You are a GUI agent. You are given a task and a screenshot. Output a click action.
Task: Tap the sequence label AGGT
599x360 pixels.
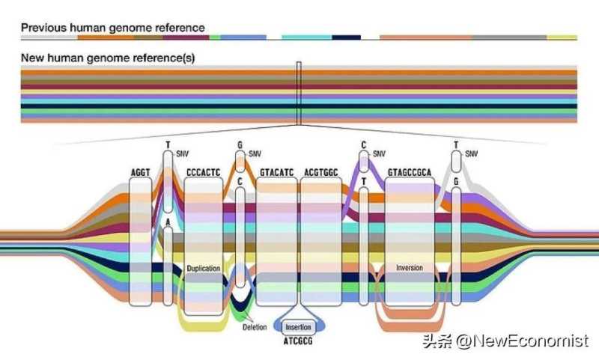pos(140,172)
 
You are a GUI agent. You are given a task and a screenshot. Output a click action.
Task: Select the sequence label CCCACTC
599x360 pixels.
pos(203,172)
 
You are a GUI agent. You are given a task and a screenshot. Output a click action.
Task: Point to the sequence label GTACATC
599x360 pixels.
pos(276,172)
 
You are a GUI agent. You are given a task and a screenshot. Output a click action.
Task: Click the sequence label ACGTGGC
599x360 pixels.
pos(322,172)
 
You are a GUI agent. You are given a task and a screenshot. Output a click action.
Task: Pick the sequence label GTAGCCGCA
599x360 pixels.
pos(410,172)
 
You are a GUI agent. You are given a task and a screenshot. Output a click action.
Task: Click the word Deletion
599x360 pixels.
pos(255,327)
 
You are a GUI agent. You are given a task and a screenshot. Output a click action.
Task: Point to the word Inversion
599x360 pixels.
pos(410,267)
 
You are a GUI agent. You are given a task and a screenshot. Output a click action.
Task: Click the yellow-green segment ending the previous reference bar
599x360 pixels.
pos(562,37)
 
